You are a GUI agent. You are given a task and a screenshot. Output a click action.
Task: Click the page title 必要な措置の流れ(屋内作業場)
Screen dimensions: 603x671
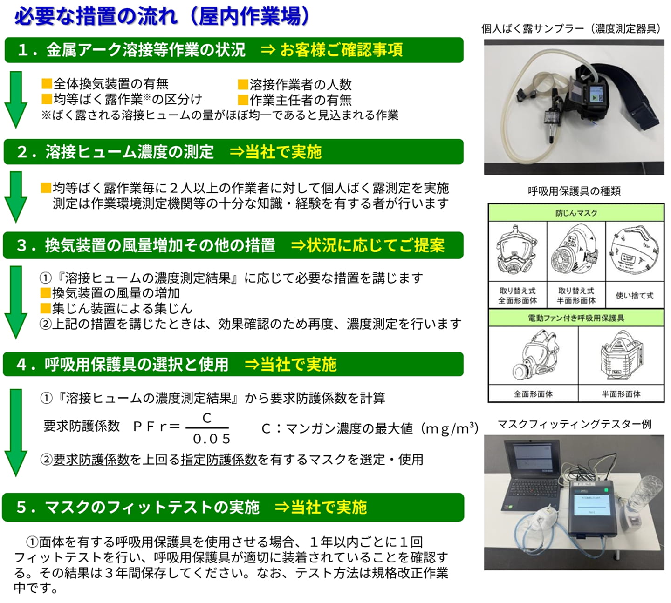162,17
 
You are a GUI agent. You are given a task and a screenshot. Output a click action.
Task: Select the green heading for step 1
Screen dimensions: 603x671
233,50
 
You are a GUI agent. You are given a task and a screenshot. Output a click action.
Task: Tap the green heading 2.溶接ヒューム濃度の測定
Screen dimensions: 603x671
233,152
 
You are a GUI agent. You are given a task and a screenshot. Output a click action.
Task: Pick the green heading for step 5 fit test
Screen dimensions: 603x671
233,507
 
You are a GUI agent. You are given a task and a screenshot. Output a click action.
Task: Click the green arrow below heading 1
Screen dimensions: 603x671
16,99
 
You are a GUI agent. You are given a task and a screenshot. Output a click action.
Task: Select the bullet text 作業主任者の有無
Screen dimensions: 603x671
300,100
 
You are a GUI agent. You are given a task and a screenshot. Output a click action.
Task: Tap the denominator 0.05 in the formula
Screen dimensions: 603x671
211,439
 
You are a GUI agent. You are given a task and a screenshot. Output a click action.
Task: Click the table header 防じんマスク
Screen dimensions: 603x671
576,213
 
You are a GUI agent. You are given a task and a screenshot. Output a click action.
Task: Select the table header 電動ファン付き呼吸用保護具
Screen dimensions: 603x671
576,318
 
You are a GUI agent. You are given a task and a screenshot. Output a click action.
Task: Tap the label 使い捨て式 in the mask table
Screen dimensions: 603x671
634,296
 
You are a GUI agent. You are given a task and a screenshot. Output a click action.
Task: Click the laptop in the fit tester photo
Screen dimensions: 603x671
531,475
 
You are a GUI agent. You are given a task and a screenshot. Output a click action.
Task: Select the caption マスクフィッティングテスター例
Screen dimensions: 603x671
574,424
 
